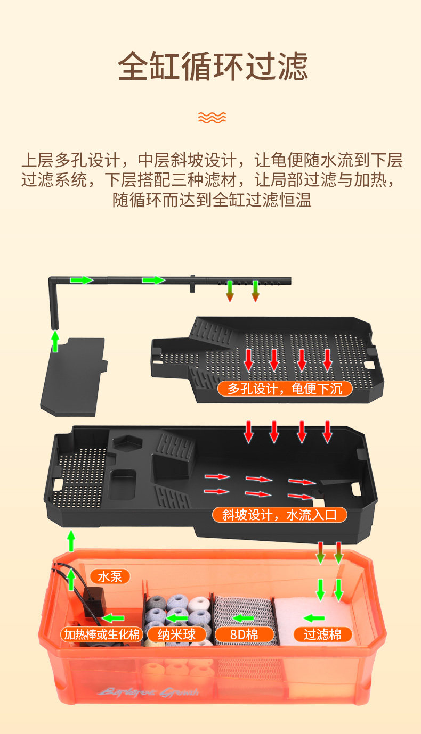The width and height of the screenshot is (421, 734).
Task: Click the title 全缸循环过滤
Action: point(212,67)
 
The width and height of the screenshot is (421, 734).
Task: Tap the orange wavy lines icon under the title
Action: point(212,117)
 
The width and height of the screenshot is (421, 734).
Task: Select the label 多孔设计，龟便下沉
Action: point(285,389)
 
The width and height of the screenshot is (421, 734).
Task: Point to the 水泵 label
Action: point(110,576)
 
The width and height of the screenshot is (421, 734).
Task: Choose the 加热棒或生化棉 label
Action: point(102,634)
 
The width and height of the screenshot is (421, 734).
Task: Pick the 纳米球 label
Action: point(176,634)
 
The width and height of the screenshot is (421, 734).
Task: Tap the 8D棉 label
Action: point(244,634)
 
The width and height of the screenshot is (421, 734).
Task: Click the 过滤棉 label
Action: point(322,634)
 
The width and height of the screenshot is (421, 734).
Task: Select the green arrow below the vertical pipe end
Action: point(54,341)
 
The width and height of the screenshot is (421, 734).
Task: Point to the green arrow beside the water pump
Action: point(114,618)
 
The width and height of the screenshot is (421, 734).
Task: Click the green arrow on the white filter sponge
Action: point(314,618)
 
